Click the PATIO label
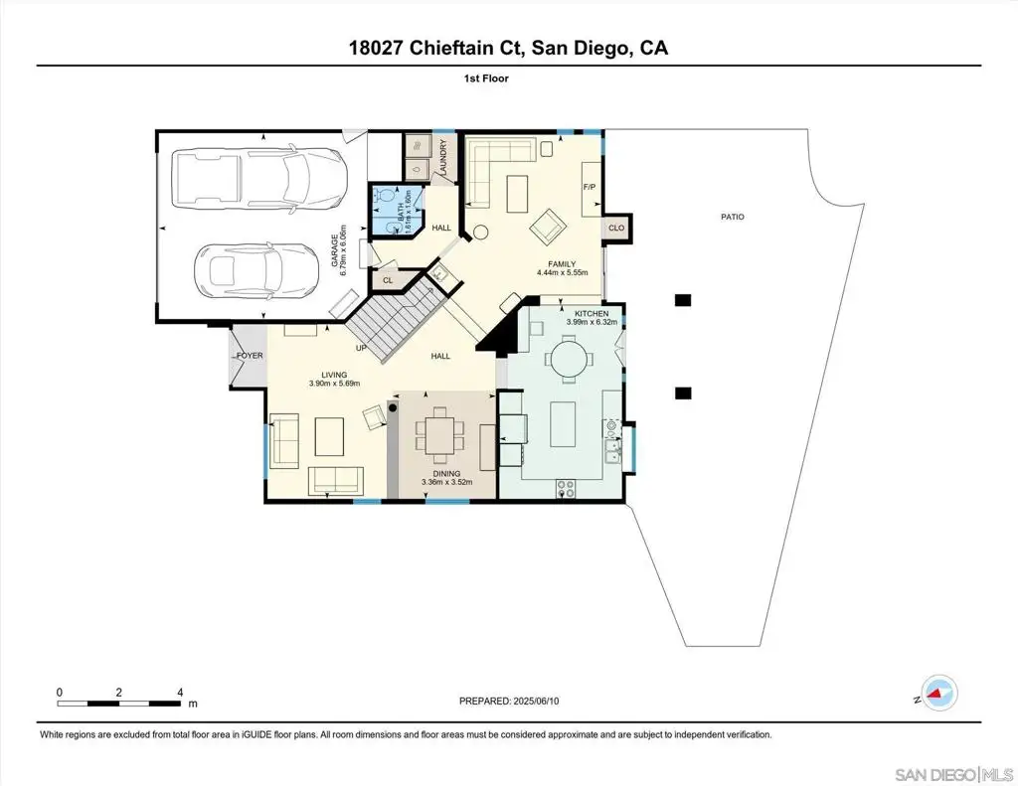(733, 217)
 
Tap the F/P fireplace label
(590, 187)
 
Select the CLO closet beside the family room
(616, 228)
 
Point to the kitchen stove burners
(566, 489)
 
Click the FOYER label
(250, 356)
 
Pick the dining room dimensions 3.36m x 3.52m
(446, 482)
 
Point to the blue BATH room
(396, 210)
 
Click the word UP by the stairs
(362, 348)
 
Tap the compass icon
(940, 693)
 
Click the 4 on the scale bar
(180, 692)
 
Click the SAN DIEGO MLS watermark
(953, 774)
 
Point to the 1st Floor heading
(486, 79)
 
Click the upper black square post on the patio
(683, 300)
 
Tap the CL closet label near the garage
(388, 280)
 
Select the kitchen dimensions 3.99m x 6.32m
(592, 321)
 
